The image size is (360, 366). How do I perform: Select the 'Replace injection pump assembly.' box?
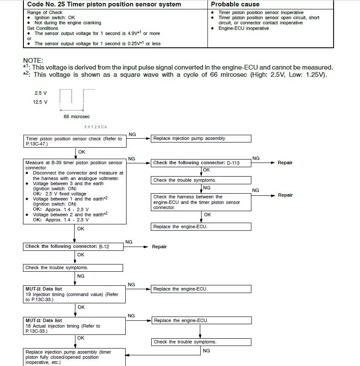(201, 139)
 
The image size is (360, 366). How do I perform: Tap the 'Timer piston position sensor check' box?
(75, 141)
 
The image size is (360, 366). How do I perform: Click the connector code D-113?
(233, 163)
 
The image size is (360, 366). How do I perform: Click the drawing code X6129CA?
(96, 127)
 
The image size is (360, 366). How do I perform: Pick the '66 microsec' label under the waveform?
(77, 116)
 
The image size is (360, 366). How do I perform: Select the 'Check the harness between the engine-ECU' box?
(201, 202)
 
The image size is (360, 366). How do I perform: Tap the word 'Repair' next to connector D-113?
(285, 163)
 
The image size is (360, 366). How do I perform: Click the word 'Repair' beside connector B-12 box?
(159, 247)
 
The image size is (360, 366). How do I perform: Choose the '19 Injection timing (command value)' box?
(75, 294)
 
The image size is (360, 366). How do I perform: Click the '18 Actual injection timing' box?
(75, 326)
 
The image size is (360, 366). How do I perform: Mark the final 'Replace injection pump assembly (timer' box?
(75, 357)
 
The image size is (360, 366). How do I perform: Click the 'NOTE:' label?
(33, 61)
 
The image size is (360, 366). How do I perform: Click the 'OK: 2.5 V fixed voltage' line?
(60, 194)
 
